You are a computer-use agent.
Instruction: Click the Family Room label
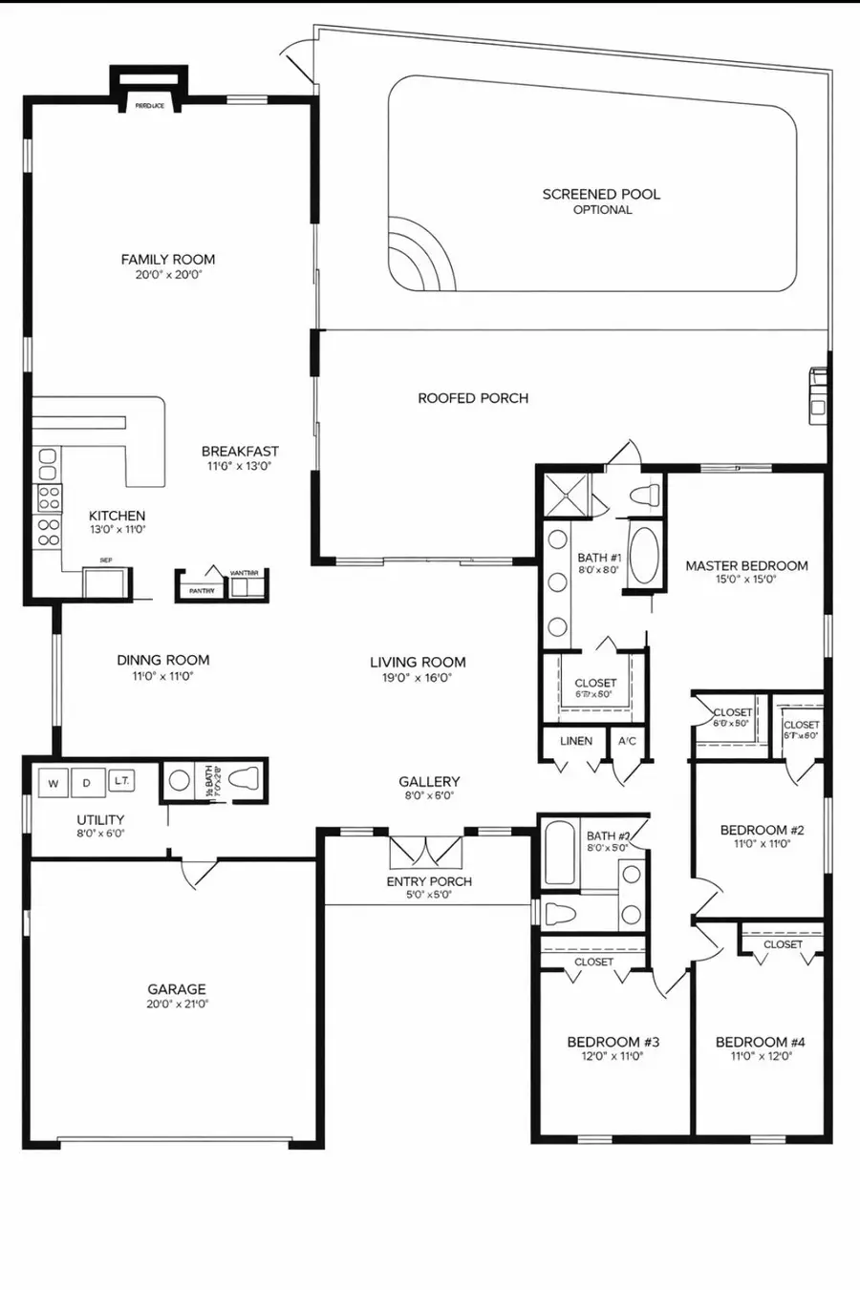pyautogui.click(x=168, y=259)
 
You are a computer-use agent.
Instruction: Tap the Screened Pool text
pyautogui.click(x=601, y=194)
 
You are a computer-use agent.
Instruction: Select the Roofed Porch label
pyautogui.click(x=473, y=398)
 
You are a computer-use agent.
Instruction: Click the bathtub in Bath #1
pyautogui.click(x=644, y=555)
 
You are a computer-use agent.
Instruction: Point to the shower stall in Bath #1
pyautogui.click(x=568, y=495)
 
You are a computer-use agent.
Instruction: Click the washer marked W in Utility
pyautogui.click(x=54, y=783)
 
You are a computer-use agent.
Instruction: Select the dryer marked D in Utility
pyautogui.click(x=87, y=783)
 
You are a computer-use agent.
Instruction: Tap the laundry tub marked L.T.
pyautogui.click(x=121, y=780)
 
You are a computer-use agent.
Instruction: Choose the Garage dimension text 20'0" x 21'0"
pyautogui.click(x=177, y=1005)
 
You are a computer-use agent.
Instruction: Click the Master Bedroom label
pyautogui.click(x=746, y=565)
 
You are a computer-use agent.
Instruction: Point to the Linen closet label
pyautogui.click(x=576, y=741)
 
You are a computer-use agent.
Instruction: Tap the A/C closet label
pyautogui.click(x=628, y=741)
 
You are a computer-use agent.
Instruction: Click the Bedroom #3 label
pyautogui.click(x=613, y=1042)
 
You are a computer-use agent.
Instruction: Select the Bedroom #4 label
pyautogui.click(x=761, y=1042)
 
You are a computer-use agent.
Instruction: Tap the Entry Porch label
pyautogui.click(x=429, y=881)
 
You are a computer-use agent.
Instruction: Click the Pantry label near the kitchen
pyautogui.click(x=202, y=591)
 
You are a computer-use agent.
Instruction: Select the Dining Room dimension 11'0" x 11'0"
pyautogui.click(x=162, y=676)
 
